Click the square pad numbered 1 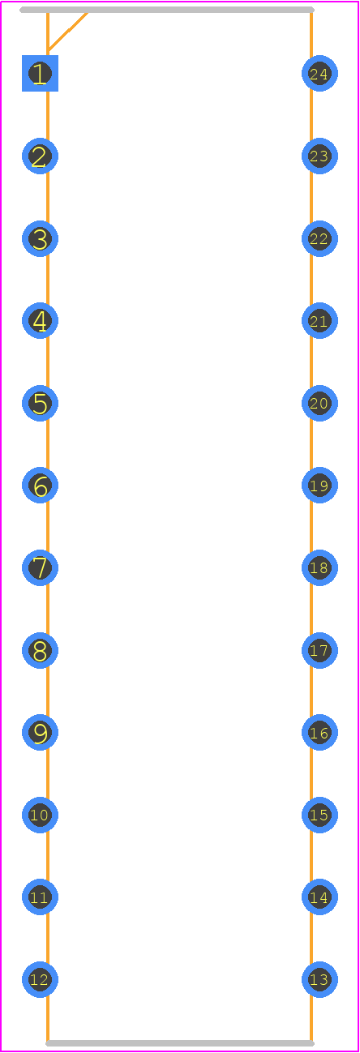click(40, 73)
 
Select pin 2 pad click(40, 156)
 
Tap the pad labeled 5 click(40, 404)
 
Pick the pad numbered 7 click(40, 568)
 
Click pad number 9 click(40, 733)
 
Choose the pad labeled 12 click(40, 980)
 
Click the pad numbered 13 click(319, 980)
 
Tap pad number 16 click(319, 733)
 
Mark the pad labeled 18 click(319, 568)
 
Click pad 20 click(319, 404)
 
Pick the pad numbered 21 click(319, 320)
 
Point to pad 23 click(319, 156)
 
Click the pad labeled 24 click(319, 73)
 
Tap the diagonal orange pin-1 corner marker click(67, 31)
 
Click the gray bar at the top click(167, 10)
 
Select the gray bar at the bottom click(180, 1043)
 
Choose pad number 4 click(40, 320)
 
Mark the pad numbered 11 click(40, 897)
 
